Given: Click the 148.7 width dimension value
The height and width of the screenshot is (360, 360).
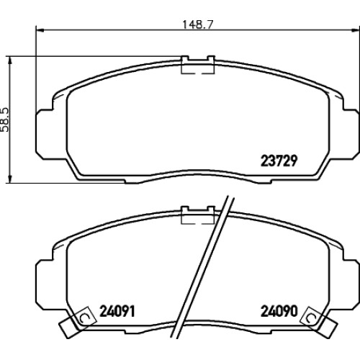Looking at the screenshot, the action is click(x=198, y=24).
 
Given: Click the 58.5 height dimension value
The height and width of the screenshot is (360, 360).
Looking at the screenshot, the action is click(x=5, y=120).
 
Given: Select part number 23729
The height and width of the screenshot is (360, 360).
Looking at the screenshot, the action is click(x=279, y=161).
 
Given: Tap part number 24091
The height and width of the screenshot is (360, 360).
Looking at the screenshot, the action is click(x=117, y=311).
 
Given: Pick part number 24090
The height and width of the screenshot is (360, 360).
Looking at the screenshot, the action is click(x=279, y=311).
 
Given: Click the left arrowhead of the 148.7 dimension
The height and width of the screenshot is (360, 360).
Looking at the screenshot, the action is click(x=40, y=30).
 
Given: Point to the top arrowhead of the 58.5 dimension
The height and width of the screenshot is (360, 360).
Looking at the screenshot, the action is click(x=9, y=61).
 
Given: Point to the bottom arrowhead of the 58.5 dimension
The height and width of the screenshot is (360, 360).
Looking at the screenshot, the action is click(x=9, y=179).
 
